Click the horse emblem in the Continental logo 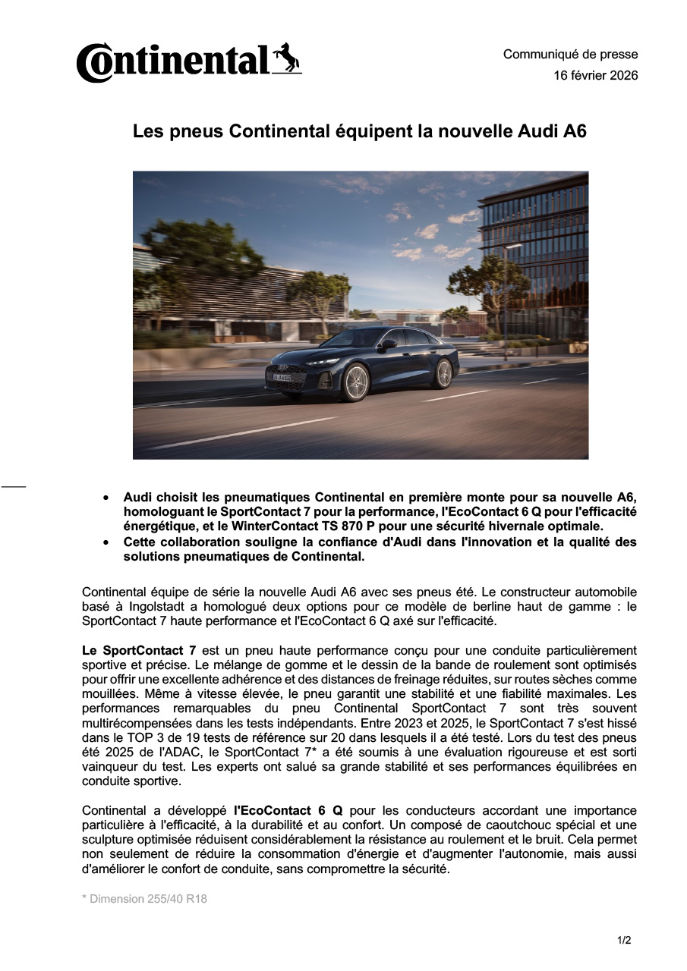coord(286,58)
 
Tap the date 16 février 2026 coord(595,75)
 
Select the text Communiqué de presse coord(570,54)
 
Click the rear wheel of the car coord(443,373)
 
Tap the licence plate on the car coord(282,377)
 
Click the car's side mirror coord(389,344)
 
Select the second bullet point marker coord(106,542)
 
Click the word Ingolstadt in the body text coord(159,606)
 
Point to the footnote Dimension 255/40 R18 coord(144,899)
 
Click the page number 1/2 coord(624,941)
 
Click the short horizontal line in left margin coord(13,485)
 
